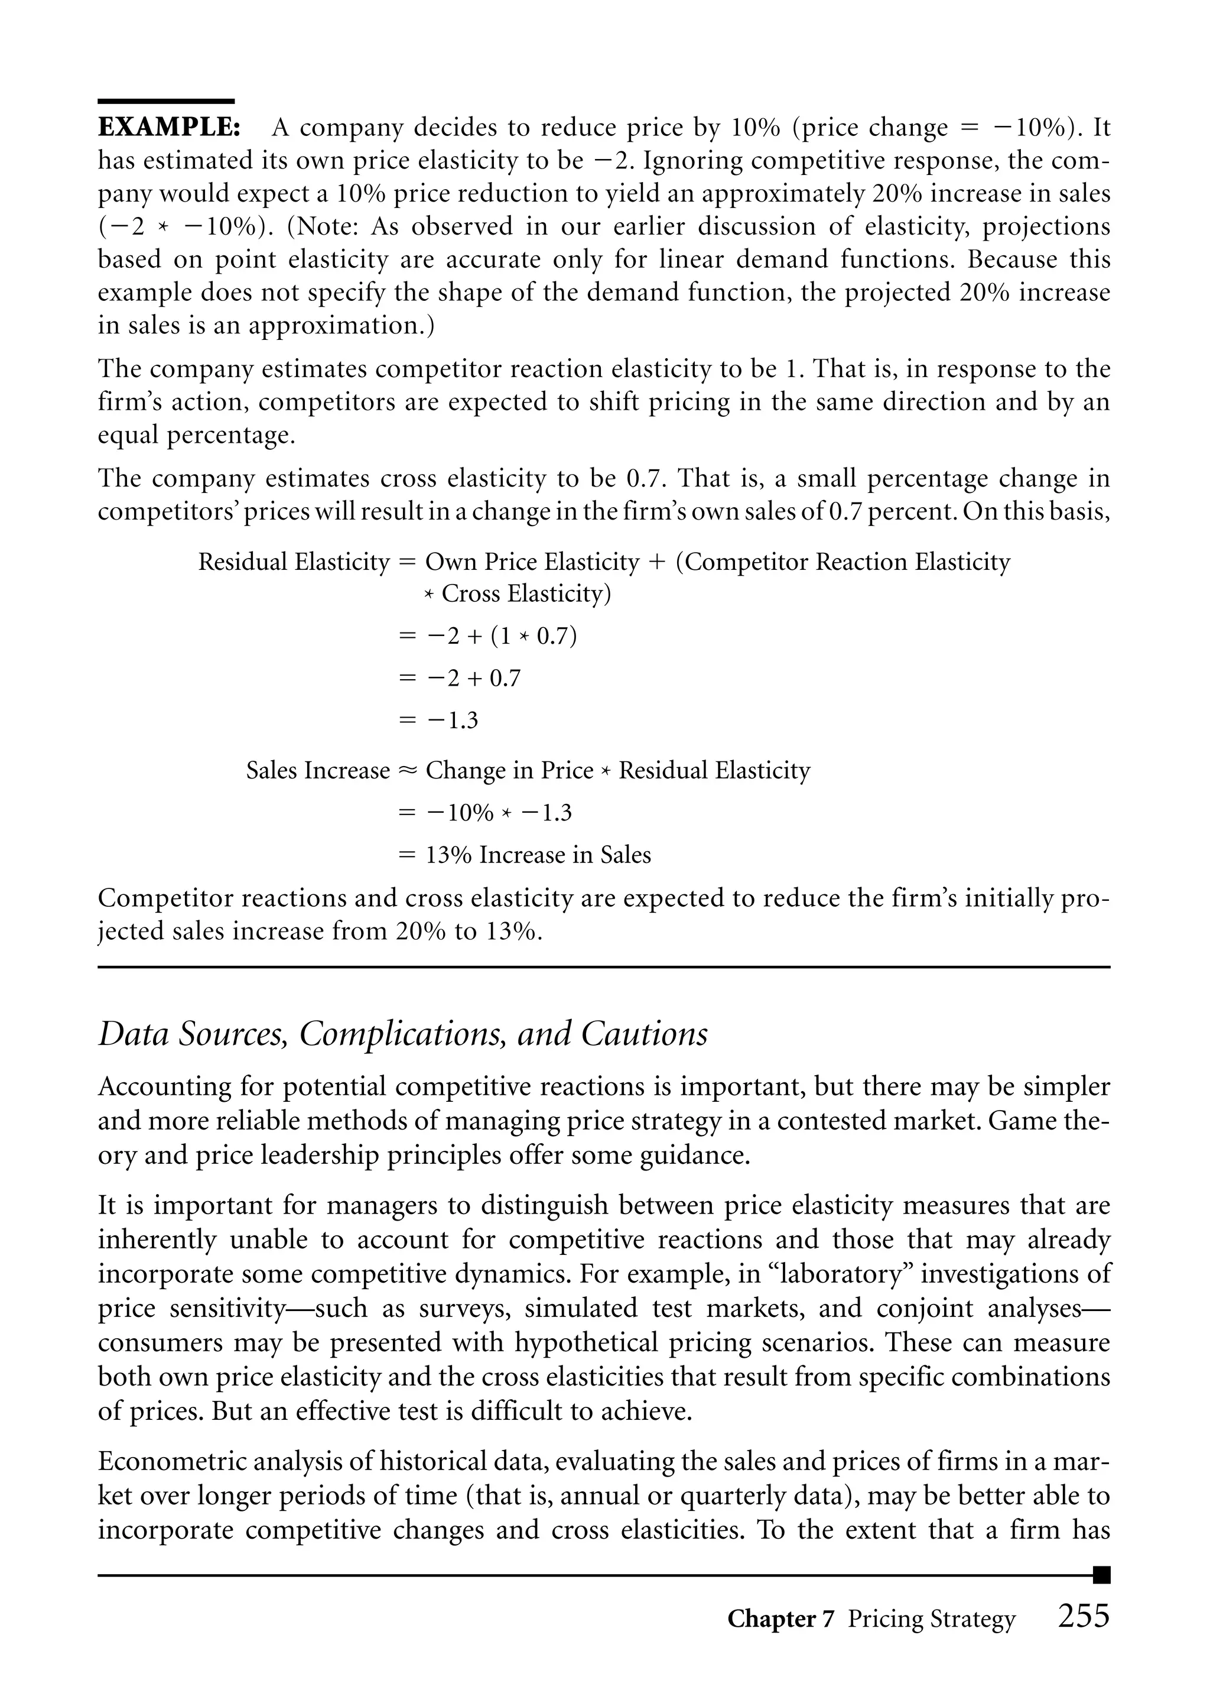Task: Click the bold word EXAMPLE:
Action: pos(168,128)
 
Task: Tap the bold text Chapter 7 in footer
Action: pos(780,1619)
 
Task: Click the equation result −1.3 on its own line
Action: pos(451,721)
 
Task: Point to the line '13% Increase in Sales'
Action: pos(537,855)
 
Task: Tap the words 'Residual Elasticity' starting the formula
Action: pos(294,562)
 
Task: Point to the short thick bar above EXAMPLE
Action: pos(166,101)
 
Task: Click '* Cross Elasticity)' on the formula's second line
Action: pos(517,594)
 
